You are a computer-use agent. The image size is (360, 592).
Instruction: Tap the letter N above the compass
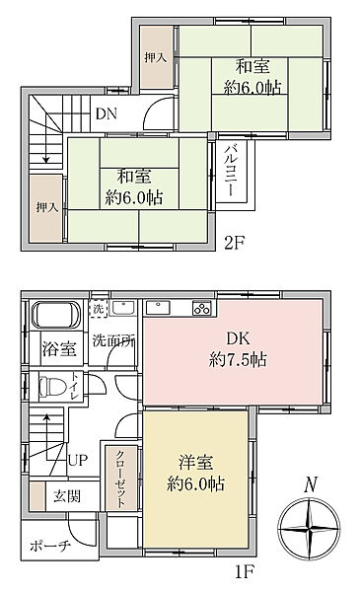[x=310, y=484]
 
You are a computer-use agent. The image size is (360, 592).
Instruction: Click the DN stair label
[x=107, y=112]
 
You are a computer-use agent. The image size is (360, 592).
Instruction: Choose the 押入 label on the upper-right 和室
[x=155, y=59]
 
